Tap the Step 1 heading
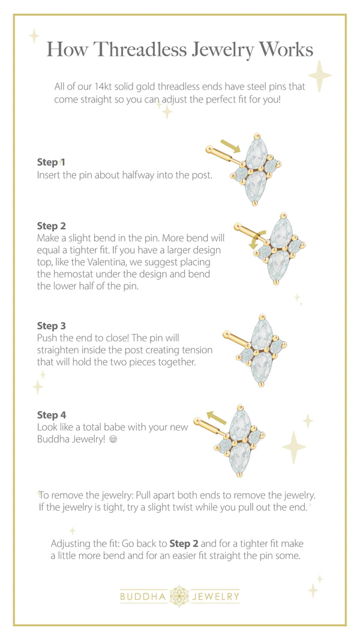pyautogui.click(x=51, y=162)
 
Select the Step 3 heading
pyautogui.click(x=51, y=326)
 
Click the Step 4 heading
pyautogui.click(x=51, y=415)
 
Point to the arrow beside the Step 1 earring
pyautogui.click(x=230, y=146)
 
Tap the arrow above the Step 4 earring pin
pyautogui.click(x=217, y=417)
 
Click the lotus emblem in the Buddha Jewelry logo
pyautogui.click(x=179, y=596)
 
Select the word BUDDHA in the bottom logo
pyautogui.click(x=143, y=597)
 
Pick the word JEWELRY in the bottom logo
pyautogui.click(x=215, y=597)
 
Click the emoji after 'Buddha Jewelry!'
pyautogui.click(x=113, y=440)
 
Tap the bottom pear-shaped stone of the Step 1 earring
pyautogui.click(x=256, y=186)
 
